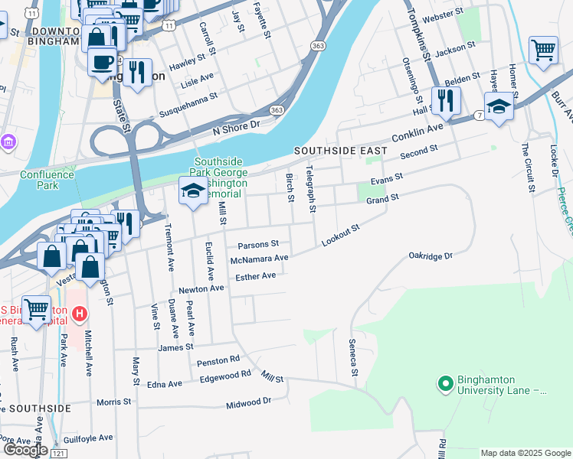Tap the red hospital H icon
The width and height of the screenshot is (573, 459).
[78, 313]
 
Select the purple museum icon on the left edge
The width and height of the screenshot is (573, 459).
[8, 142]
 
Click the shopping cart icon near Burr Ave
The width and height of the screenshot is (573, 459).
[543, 50]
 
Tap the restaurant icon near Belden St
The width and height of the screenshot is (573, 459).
[444, 100]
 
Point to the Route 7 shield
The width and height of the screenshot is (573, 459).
[478, 115]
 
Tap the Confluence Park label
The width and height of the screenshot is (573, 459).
[47, 180]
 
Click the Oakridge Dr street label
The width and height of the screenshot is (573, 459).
[431, 256]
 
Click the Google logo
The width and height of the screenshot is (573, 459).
[25, 450]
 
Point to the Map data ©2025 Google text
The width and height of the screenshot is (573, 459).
[525, 453]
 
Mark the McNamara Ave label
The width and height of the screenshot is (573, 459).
[259, 259]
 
